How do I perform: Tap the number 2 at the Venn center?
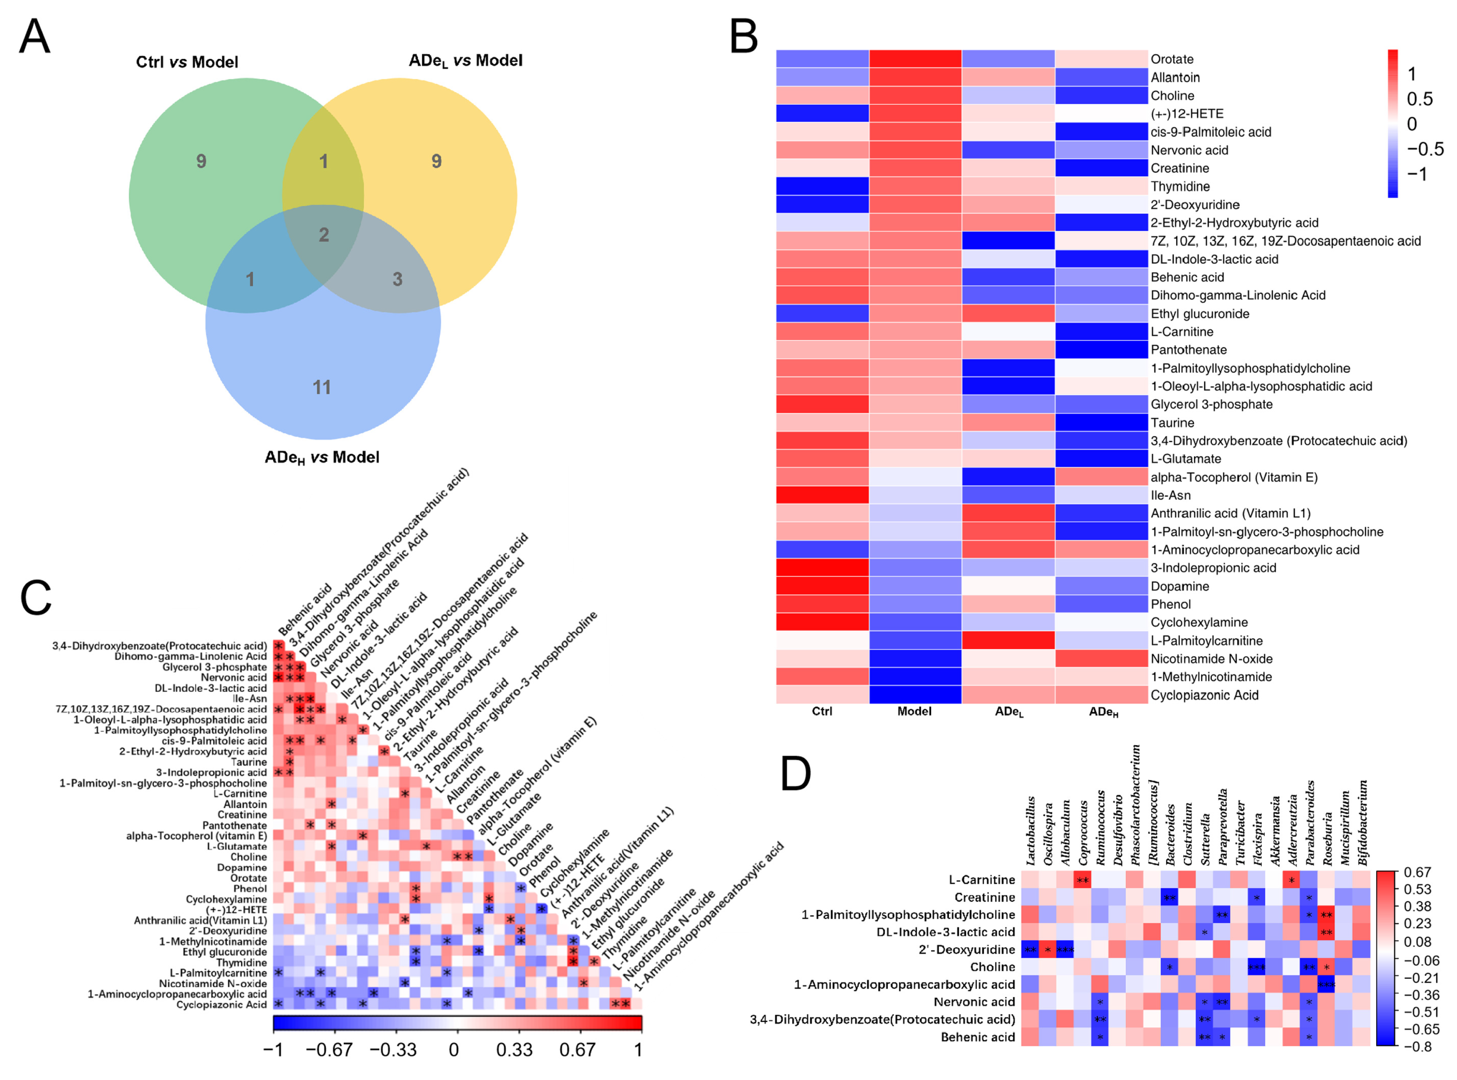click(x=323, y=235)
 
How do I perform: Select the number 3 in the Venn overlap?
click(x=398, y=279)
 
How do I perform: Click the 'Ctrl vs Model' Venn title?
click(x=187, y=62)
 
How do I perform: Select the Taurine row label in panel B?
click(x=1172, y=423)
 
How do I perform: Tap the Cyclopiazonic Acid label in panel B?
click(x=1204, y=695)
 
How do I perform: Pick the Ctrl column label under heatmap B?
click(x=821, y=711)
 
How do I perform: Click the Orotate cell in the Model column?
click(x=915, y=59)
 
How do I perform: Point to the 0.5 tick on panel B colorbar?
click(x=1420, y=99)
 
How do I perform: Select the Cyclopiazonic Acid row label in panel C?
click(x=221, y=1005)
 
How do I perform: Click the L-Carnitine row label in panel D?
click(x=982, y=880)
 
